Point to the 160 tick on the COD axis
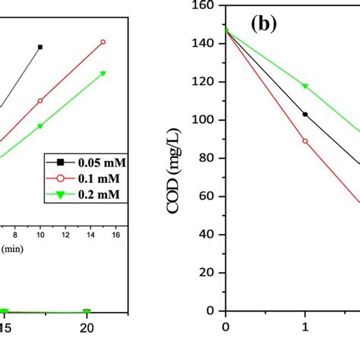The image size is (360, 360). (205, 6)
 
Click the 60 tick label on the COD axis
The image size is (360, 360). (207, 197)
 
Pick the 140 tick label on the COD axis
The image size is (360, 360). (205, 44)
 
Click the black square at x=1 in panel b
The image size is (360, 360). (305, 114)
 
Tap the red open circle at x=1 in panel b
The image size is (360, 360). (305, 141)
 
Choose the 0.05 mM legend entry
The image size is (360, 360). (85, 162)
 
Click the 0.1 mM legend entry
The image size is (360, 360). (85, 178)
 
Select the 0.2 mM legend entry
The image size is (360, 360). (85, 194)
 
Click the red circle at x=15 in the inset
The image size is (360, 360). (103, 42)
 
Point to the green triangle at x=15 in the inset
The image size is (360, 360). (103, 74)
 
